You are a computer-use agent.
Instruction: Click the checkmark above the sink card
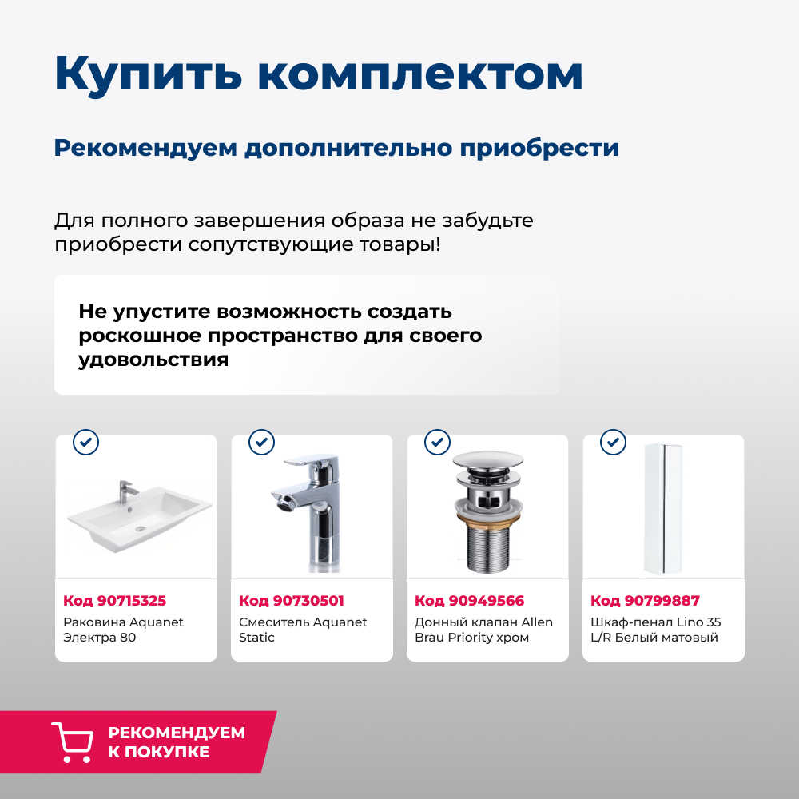(85, 441)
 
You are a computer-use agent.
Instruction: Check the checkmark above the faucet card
(261, 441)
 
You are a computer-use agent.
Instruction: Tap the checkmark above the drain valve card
(437, 441)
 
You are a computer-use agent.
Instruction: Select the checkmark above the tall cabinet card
(613, 441)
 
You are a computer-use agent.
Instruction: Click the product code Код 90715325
(114, 601)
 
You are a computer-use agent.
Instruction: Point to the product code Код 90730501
(291, 601)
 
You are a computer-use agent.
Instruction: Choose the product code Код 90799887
(645, 601)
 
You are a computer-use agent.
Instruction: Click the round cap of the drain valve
(487, 460)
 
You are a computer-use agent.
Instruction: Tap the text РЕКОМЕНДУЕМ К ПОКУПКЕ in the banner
(177, 742)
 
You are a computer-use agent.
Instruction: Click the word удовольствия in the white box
(153, 360)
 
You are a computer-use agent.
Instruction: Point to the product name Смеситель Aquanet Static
(303, 630)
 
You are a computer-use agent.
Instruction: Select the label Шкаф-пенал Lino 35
(655, 622)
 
